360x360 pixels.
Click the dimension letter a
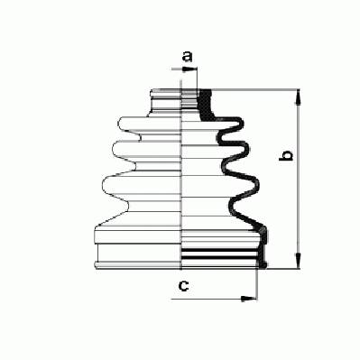pos(187,56)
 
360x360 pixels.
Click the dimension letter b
pos(286,155)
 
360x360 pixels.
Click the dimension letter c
pos(183,285)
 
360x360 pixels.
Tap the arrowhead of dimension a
pos(189,69)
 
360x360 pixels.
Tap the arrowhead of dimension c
pos(249,299)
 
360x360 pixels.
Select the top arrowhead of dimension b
pos(298,97)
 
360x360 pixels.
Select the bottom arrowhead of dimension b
pos(298,261)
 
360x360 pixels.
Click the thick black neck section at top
pos(207,105)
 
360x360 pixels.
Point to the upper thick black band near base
pos(219,250)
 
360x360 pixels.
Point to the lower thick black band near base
pos(219,257)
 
